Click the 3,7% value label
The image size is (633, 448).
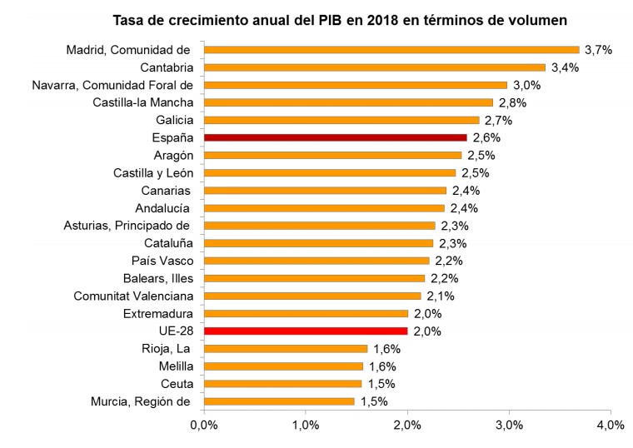tap(598, 50)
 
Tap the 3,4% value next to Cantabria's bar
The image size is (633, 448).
tap(566, 67)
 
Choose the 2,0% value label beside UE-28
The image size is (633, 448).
tap(427, 331)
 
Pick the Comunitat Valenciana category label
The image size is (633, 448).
tap(133, 296)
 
